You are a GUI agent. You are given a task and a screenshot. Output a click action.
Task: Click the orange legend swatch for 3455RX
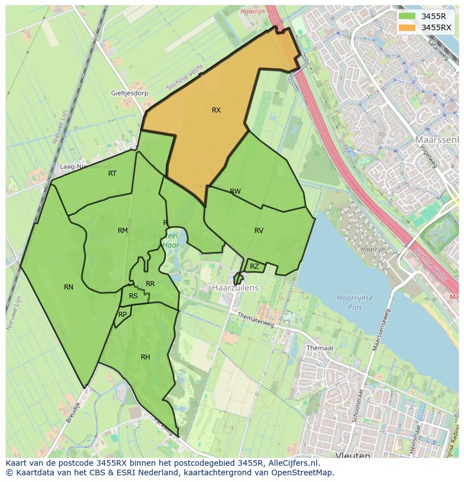407,27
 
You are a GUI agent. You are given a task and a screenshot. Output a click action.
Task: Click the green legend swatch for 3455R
407,16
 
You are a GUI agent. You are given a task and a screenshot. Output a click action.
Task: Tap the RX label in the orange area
216,110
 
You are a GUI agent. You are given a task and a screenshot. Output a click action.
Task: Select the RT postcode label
112,174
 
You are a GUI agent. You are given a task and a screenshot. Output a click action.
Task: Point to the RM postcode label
123,231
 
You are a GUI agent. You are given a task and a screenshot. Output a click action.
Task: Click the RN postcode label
68,287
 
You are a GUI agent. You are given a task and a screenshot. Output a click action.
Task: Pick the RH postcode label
145,357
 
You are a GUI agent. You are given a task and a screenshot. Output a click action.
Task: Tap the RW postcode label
235,191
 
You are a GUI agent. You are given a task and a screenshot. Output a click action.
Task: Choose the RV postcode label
258,231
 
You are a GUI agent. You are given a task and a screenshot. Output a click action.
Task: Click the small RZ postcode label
254,266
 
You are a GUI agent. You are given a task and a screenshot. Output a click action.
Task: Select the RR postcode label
150,284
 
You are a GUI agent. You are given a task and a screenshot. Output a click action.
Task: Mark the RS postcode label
133,297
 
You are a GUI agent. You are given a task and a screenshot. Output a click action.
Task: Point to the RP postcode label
122,315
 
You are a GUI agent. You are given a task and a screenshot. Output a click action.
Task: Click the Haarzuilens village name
235,287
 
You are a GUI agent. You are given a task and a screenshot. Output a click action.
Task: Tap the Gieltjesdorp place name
129,93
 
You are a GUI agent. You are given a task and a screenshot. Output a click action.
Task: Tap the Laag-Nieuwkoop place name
85,167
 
